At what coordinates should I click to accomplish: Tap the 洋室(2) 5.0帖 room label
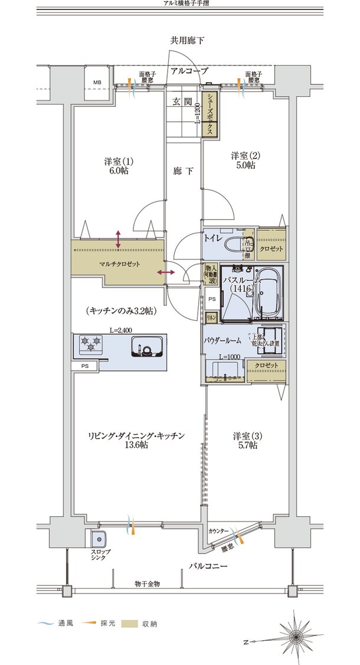point(243,160)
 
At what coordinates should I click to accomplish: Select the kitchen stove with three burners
point(89,344)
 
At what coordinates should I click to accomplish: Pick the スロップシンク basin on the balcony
point(97,540)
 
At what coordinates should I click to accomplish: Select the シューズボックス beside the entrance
point(209,115)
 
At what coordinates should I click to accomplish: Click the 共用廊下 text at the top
point(188,41)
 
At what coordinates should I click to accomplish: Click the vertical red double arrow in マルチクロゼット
point(119,240)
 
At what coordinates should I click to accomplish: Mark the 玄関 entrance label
point(181,102)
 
